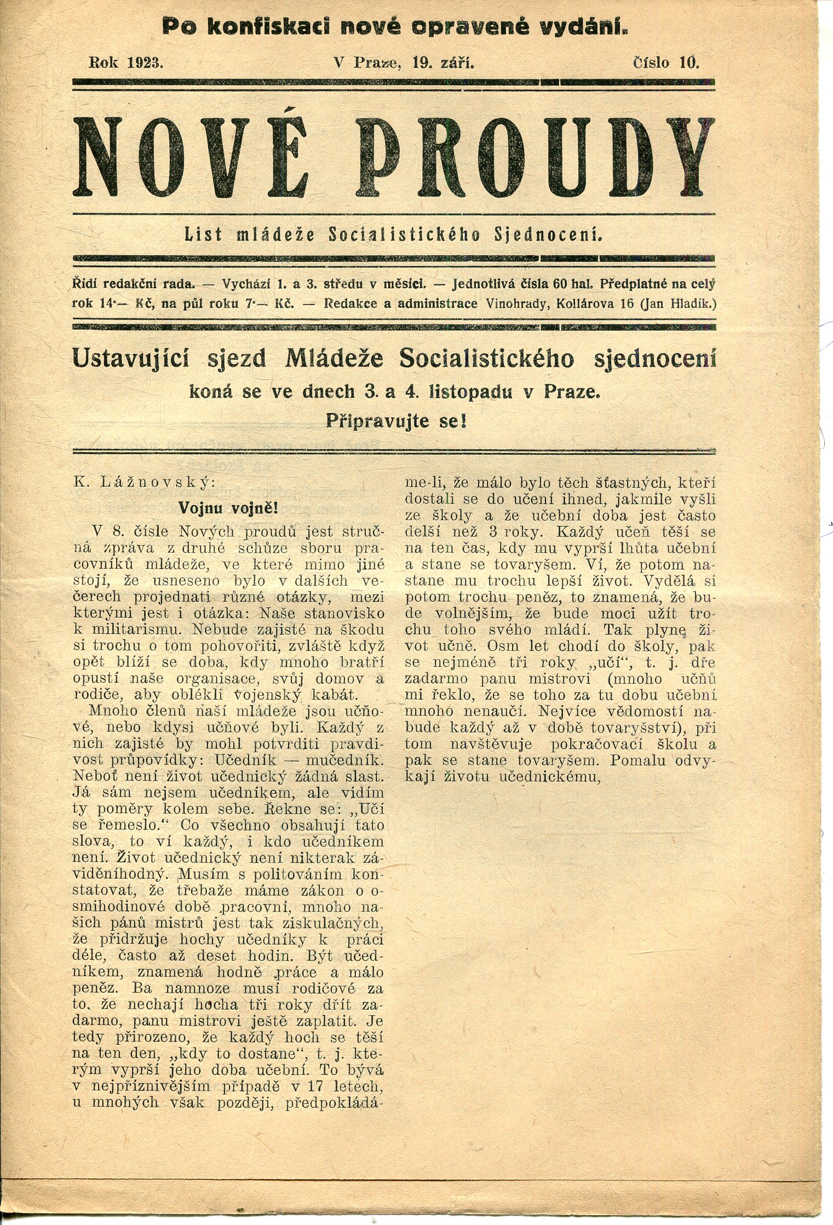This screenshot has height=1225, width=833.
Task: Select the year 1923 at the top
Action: point(144,63)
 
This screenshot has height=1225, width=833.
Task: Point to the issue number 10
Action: point(689,63)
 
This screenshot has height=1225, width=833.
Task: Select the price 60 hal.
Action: point(574,284)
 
